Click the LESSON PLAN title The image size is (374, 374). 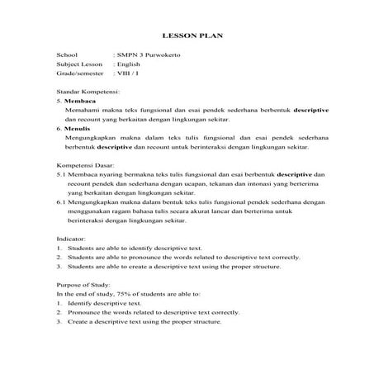(x=187, y=36)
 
